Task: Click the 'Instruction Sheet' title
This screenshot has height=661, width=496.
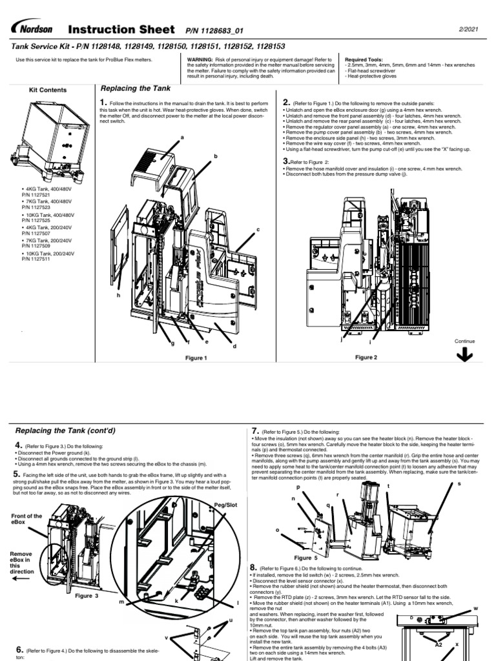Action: [121, 30]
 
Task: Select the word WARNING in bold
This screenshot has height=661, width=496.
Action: [201, 57]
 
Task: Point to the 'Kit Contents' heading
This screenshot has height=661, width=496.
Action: [48, 90]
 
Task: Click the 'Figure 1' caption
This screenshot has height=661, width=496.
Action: [196, 358]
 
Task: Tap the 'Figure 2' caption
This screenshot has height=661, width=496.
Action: [366, 357]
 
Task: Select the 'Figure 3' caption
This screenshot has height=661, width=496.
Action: [87, 595]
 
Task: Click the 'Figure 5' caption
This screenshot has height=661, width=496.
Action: [305, 557]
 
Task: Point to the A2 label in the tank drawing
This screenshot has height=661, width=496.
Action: [438, 644]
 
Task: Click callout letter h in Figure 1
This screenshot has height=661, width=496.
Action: [118, 294]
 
